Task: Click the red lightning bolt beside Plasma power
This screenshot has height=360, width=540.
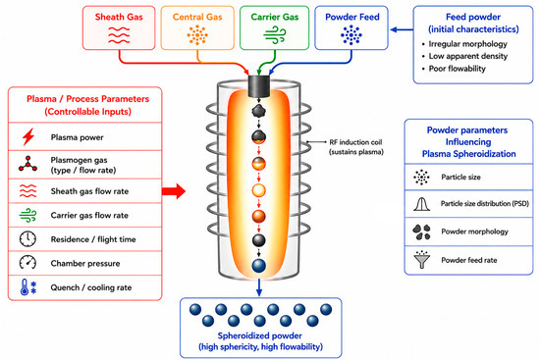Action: tap(28, 136)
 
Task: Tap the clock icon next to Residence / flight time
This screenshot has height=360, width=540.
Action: tap(27, 238)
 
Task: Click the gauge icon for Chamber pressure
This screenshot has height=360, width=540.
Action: tap(27, 263)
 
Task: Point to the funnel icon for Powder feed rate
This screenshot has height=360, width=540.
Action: tap(421, 260)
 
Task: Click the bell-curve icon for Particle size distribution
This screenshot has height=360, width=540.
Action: tap(421, 204)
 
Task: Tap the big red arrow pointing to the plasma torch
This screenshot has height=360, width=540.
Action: tap(174, 191)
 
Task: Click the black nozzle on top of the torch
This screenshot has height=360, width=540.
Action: tap(258, 86)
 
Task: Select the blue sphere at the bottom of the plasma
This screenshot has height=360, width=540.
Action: tap(258, 266)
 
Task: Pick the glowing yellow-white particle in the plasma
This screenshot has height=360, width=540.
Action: tap(258, 190)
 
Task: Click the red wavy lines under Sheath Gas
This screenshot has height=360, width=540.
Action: tap(119, 35)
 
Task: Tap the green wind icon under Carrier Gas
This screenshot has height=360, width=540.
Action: tap(275, 35)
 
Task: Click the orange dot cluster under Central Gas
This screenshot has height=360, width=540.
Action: tap(197, 34)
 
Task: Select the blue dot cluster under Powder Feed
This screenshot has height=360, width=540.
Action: tap(351, 34)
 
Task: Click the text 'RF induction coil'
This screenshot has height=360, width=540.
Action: tap(355, 142)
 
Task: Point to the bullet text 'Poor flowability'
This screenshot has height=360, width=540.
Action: tap(457, 69)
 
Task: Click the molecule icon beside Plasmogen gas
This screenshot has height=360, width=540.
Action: tap(27, 164)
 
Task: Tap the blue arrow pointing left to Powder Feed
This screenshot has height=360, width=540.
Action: tap(402, 30)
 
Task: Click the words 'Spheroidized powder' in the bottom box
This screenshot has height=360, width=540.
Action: tap(259, 335)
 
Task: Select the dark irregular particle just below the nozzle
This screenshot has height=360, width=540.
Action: tap(258, 111)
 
